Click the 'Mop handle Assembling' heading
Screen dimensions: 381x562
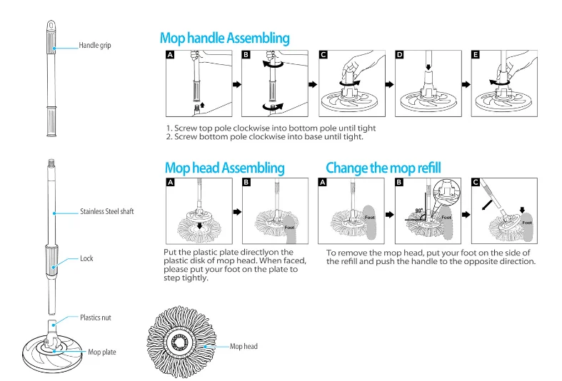coord(225,38)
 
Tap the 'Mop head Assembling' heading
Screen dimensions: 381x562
coord(224,168)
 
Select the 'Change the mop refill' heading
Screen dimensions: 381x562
coord(383,168)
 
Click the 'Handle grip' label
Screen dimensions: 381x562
coord(95,46)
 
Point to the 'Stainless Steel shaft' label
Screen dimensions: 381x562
coord(107,211)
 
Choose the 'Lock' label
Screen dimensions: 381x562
coord(86,258)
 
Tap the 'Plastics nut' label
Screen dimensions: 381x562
coord(96,317)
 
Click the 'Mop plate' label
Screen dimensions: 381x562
coord(101,352)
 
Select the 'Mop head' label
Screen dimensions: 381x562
coord(244,346)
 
